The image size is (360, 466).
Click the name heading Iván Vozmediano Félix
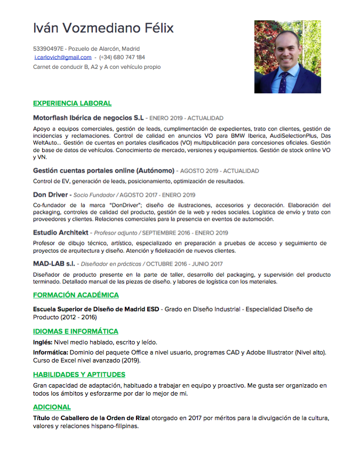coord(103,28)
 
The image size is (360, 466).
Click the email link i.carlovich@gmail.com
coord(63,57)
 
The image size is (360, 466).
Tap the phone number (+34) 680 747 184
coord(122,57)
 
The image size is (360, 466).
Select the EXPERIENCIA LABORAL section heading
coord(72,103)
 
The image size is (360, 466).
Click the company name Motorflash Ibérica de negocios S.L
coord(89,118)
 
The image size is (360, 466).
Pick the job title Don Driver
coord(50,195)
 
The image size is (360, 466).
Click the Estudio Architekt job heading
coord(60,232)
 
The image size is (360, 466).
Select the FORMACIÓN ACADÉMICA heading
coord(76,295)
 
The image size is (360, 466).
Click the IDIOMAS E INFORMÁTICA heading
coord(76,331)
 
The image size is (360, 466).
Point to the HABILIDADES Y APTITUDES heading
coord(79,374)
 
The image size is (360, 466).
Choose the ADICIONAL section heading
coord(52,407)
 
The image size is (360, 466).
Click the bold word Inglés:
coord(43,342)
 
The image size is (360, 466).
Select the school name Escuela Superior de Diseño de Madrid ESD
coord(96,309)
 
